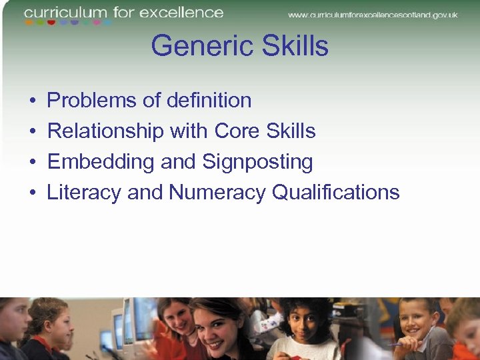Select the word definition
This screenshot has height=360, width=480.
pos(209,101)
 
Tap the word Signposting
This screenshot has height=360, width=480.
pos(257,162)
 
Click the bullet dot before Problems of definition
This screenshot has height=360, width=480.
pos(33,101)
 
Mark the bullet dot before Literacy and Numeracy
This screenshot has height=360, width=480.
pos(33,193)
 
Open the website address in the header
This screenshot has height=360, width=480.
pos(374,14)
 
